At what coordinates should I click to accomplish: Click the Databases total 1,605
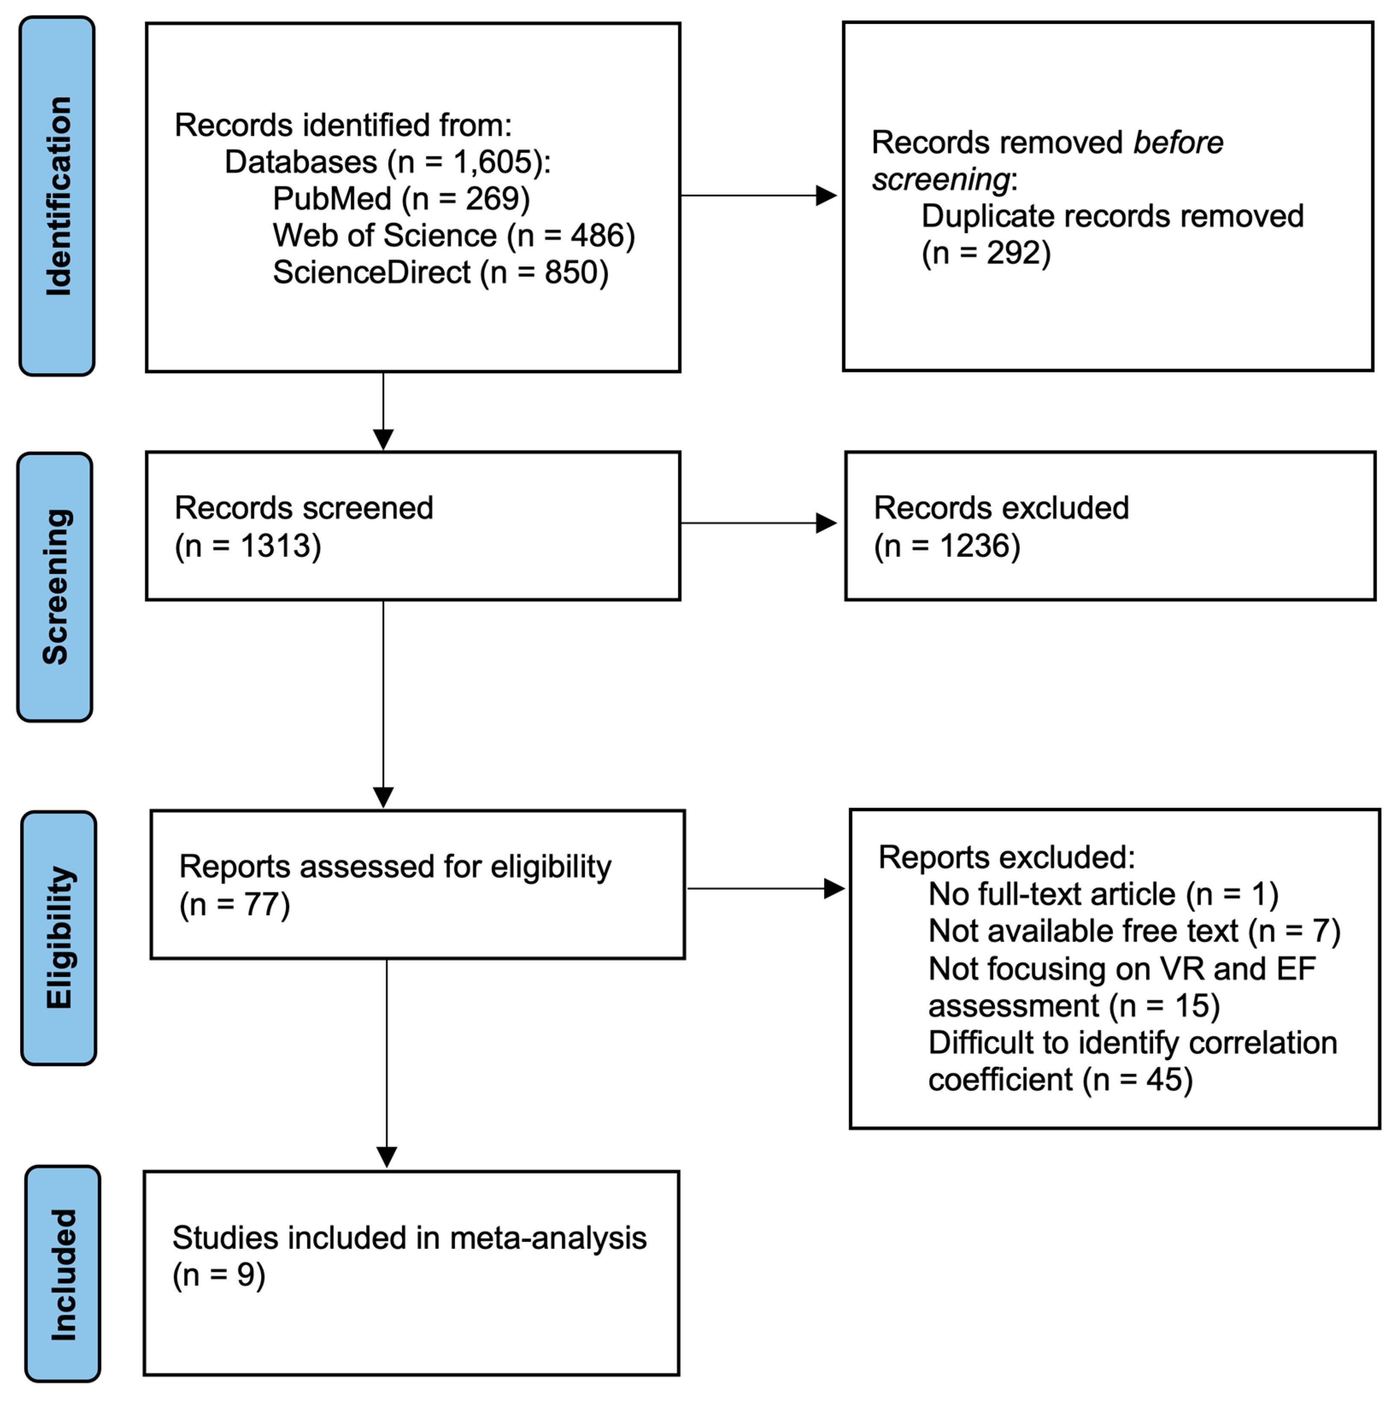click(492, 162)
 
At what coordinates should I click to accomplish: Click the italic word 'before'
click(1178, 143)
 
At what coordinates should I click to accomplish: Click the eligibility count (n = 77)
click(234, 904)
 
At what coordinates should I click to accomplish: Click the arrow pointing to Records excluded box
click(758, 523)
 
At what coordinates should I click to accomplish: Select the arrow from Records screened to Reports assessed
click(383, 703)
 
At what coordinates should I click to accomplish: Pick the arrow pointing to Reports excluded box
click(765, 888)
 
